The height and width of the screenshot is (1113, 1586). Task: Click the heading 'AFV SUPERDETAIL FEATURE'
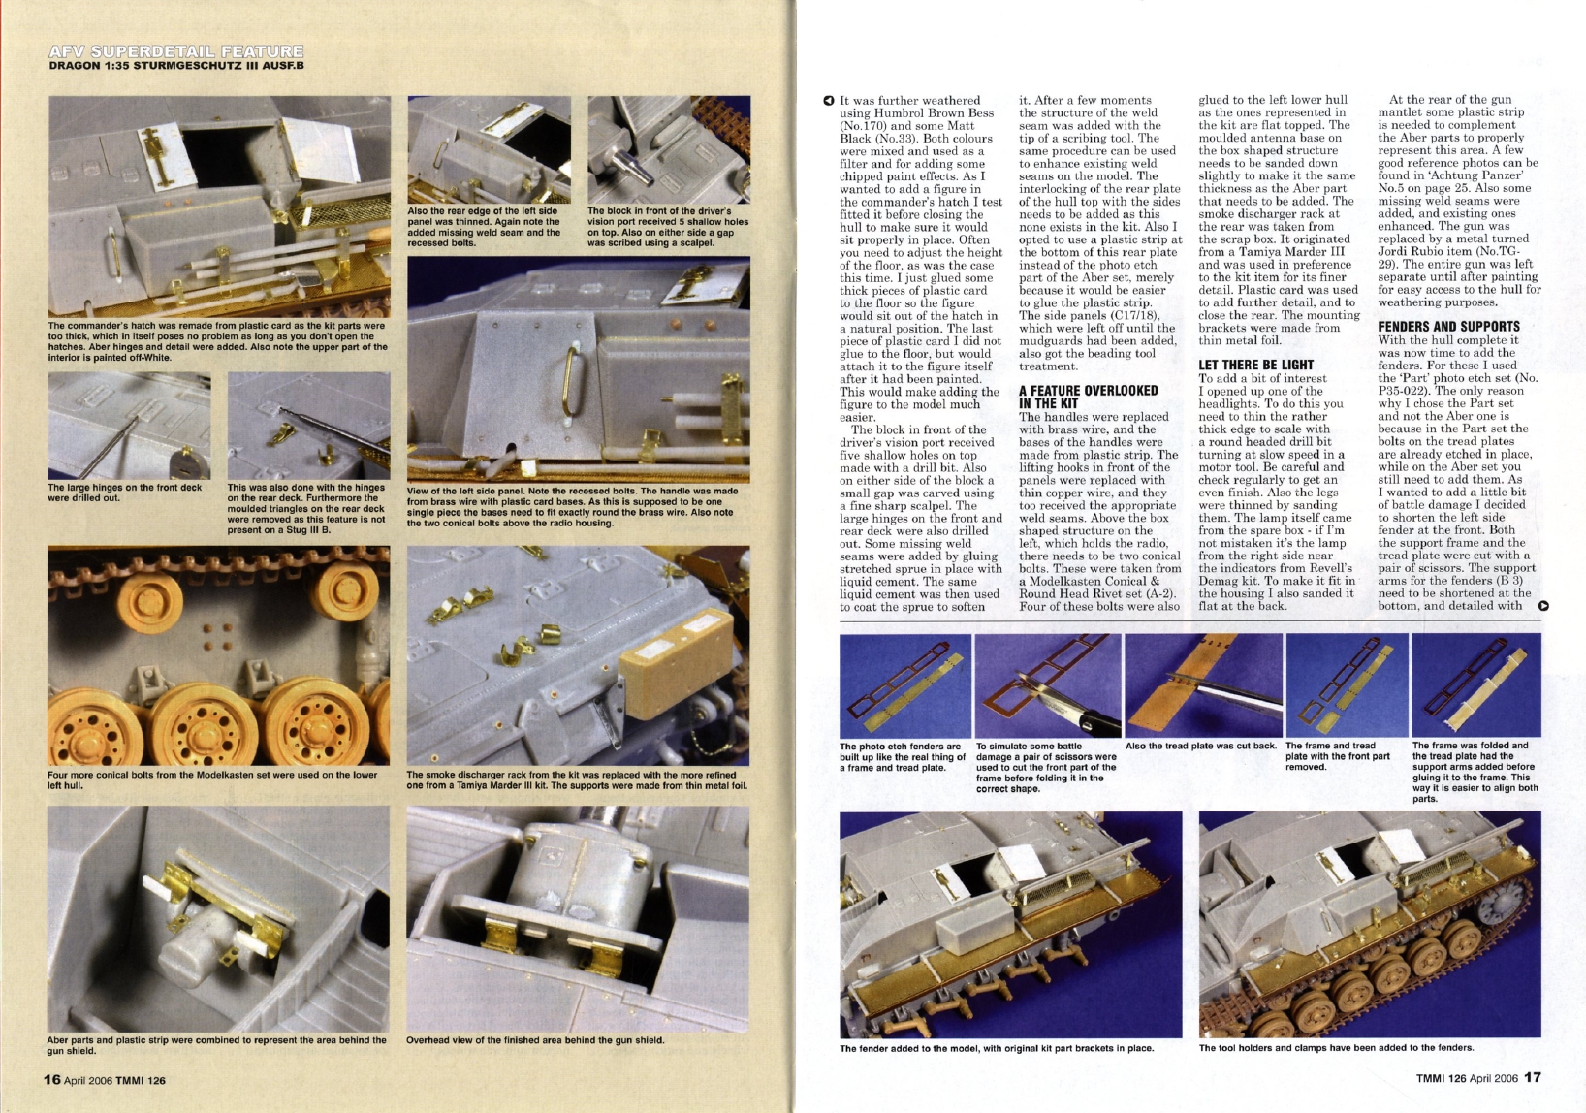point(175,51)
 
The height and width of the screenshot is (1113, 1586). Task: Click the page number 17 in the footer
point(1532,1077)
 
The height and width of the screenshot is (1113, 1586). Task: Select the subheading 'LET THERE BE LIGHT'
point(1255,365)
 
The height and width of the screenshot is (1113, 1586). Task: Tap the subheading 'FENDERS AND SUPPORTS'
point(1448,327)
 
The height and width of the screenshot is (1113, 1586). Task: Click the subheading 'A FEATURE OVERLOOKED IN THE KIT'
point(1088,397)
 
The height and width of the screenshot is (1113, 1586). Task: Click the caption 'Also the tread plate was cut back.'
point(1200,746)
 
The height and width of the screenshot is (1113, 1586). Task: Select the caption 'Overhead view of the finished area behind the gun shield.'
point(534,1040)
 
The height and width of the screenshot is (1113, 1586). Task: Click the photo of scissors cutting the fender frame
point(1046,684)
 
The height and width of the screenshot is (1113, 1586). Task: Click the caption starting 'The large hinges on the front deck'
point(125,493)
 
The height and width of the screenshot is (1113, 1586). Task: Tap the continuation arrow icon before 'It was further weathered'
point(828,100)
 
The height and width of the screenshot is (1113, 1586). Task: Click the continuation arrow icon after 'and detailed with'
point(1543,607)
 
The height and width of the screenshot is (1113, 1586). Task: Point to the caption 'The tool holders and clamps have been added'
point(1336,1047)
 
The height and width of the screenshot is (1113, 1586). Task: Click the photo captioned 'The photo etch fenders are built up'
point(904,684)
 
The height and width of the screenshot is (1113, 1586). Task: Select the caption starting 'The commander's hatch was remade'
point(217,341)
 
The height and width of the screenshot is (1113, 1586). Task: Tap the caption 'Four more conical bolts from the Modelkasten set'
point(211,779)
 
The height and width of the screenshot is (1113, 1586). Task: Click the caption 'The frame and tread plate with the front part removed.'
point(1337,756)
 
